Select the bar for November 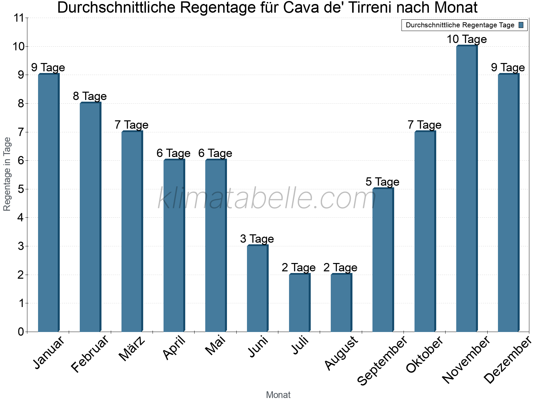point(467,189)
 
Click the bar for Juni point(257,289)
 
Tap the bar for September point(383,260)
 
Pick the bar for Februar point(90,217)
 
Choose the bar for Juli point(299,303)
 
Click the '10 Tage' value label point(467,39)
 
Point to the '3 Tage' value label point(257,239)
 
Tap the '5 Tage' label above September point(382,182)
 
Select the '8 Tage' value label point(90,96)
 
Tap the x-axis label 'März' point(132,349)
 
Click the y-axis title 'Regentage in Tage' point(7,174)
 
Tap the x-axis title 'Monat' point(278,395)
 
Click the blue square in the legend point(521,25)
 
